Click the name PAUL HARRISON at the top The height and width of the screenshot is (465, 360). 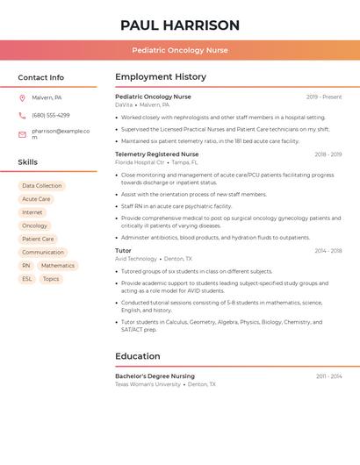(180, 25)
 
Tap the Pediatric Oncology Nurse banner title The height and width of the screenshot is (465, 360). (180, 51)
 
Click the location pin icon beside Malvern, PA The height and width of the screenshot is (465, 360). (22, 98)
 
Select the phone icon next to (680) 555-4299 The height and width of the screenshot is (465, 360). (22, 116)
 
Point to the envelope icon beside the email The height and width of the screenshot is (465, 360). (22, 134)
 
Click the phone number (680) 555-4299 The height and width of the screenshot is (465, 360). (51, 116)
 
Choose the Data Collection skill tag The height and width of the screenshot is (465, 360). (42, 186)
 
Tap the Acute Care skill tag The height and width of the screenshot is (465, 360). (36, 199)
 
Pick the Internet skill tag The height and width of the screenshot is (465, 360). (32, 212)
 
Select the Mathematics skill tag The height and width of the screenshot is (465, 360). (58, 266)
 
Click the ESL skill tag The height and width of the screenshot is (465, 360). (26, 279)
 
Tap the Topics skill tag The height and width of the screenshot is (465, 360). (51, 279)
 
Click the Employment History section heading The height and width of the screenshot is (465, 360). (161, 77)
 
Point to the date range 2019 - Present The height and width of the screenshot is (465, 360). (324, 97)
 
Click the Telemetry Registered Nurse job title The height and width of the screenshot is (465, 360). (156, 154)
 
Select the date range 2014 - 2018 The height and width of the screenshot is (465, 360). (328, 251)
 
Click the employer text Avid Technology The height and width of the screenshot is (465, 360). (136, 259)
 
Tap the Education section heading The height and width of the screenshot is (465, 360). (138, 356)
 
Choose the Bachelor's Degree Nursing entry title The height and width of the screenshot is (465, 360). (155, 376)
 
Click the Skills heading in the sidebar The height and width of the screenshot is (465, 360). (28, 162)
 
